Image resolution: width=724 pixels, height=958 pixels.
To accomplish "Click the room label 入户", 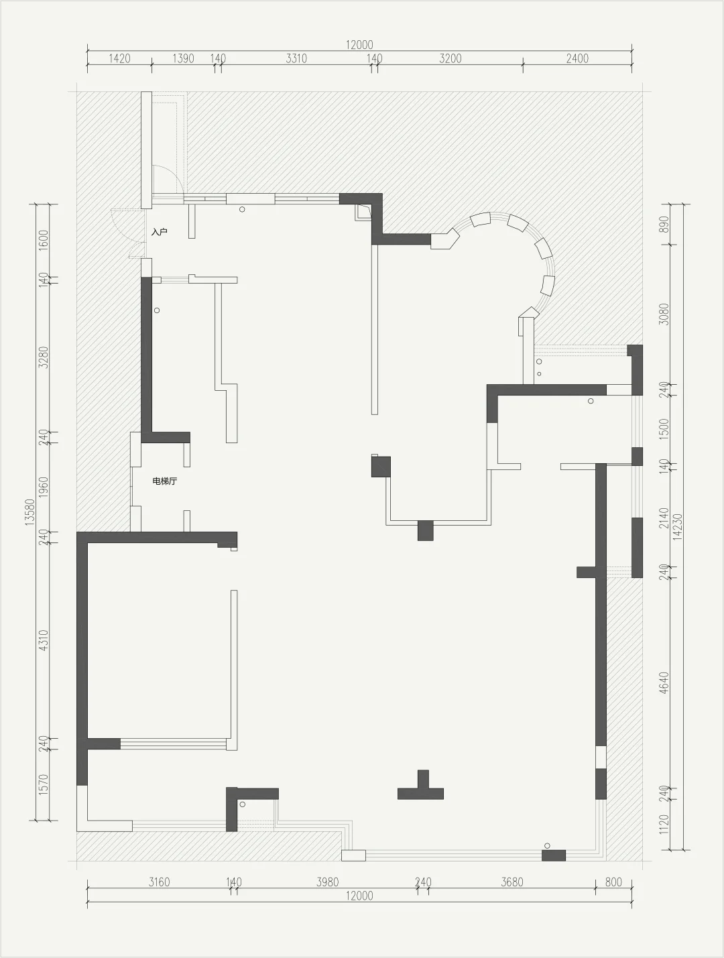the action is [160, 232].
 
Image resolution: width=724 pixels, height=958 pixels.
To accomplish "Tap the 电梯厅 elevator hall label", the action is [164, 481].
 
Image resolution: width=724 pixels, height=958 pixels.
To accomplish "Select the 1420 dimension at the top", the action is [119, 58].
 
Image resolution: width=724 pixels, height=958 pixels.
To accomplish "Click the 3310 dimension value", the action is [296, 58].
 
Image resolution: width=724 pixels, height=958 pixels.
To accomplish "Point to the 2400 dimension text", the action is [577, 58].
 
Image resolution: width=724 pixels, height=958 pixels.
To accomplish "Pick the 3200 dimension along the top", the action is [450, 58].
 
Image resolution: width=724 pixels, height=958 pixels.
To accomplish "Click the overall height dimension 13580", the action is [30, 512].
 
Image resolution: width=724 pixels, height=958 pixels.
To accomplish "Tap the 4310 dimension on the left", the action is [44, 640].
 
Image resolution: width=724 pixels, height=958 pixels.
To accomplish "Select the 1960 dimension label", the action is [44, 487].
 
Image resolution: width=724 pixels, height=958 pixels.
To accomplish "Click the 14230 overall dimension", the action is [678, 527].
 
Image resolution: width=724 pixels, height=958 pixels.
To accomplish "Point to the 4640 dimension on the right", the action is [664, 683].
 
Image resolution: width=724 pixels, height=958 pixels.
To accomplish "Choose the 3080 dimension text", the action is [664, 314].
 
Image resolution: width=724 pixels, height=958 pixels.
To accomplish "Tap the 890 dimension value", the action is [664, 225].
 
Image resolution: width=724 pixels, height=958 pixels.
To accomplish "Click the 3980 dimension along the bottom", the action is [327, 882].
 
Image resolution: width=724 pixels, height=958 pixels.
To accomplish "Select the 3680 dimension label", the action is [512, 882].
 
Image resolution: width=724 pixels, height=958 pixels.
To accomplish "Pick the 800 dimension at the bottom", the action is [613, 882].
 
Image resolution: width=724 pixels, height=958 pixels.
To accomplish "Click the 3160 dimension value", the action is [159, 882].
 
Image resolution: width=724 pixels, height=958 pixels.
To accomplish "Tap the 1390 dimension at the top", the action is [183, 58].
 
